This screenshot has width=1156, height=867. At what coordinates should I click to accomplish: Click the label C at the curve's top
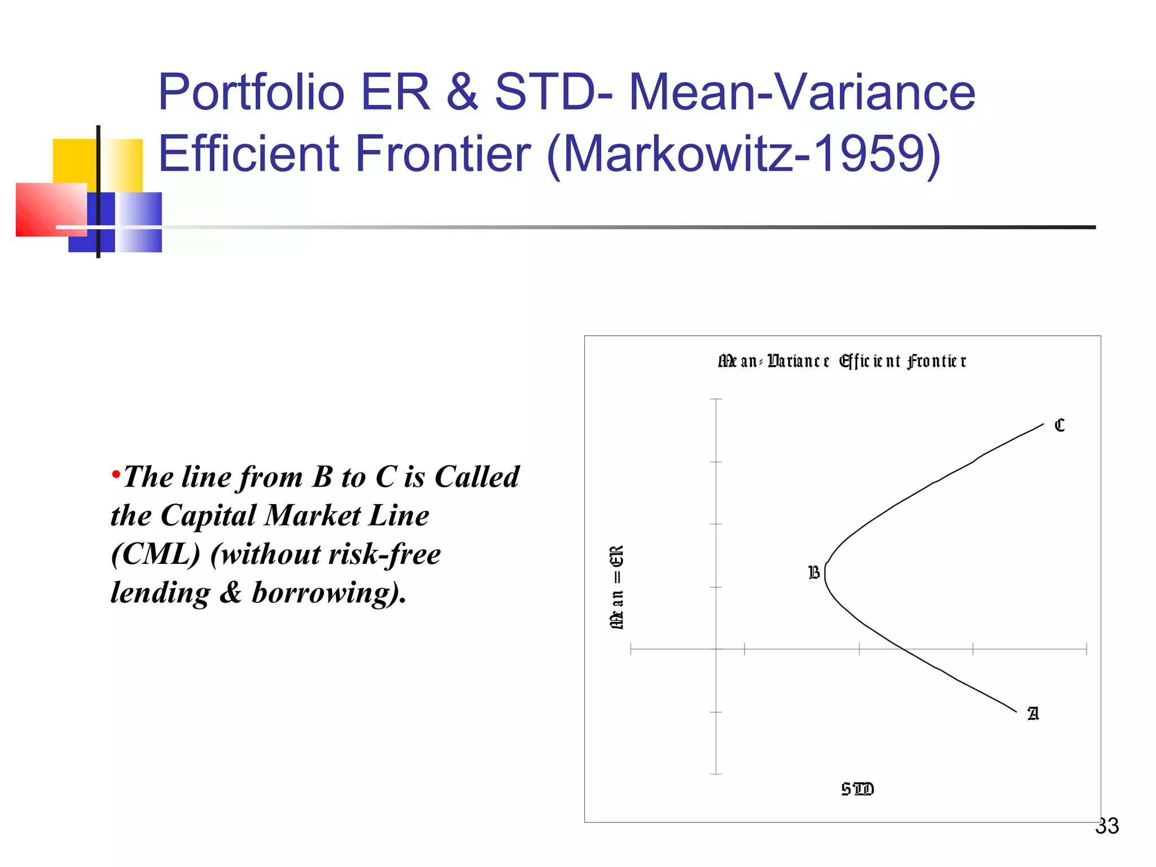[x=1059, y=425]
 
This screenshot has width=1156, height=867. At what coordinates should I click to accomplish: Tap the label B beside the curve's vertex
[x=814, y=573]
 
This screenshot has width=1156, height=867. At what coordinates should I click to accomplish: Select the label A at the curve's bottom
[x=1032, y=714]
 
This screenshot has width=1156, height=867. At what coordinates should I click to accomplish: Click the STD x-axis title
[x=857, y=789]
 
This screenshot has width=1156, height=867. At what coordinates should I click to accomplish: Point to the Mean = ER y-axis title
[x=617, y=587]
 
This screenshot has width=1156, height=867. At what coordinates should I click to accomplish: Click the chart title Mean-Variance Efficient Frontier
[x=842, y=361]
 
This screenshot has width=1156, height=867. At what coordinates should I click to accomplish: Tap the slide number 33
[x=1107, y=826]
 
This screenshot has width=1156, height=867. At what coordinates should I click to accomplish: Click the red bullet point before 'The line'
[x=116, y=474]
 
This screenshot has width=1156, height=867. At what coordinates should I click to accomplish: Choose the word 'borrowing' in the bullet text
[x=322, y=593]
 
